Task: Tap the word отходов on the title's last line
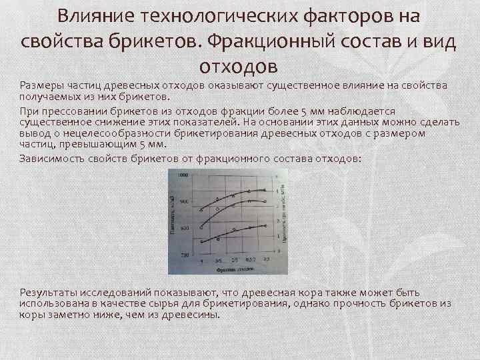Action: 237,67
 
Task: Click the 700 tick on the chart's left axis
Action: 183,255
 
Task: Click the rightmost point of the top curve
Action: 265,190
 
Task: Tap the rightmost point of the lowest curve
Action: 265,226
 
